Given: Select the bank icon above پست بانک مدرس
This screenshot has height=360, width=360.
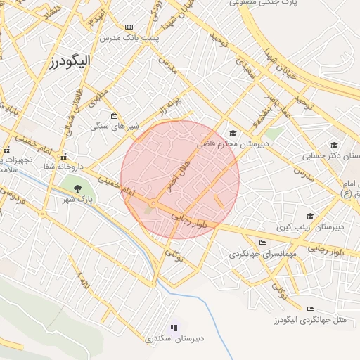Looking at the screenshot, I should pyautogui.click(x=128, y=27).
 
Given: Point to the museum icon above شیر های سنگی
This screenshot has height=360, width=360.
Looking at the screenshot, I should pyautogui.click(x=114, y=116).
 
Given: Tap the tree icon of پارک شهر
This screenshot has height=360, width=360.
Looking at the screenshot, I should pyautogui.click(x=76, y=188).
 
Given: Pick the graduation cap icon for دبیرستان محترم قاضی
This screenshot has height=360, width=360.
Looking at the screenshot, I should pyautogui.click(x=233, y=134).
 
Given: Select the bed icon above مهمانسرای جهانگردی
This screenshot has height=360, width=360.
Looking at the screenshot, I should pyautogui.click(x=262, y=243).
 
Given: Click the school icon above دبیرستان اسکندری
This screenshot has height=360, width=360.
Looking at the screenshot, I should pyautogui.click(x=174, y=327).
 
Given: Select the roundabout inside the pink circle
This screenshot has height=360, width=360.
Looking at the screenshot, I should pyautogui.click(x=152, y=205).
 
